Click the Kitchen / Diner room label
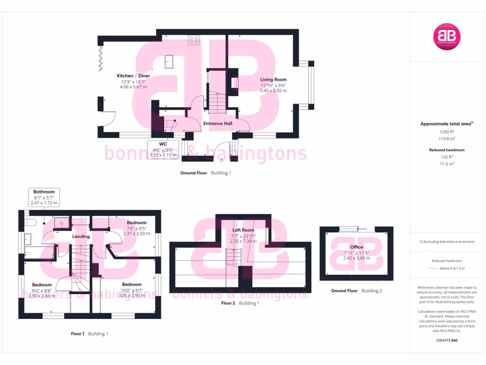coord(133,76)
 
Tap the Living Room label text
coord(273,79)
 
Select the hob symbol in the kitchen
coord(194,40)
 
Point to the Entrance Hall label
coord(217,124)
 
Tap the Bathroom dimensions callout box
coord(44,197)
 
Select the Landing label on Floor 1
coord(81,236)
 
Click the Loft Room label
coord(243,230)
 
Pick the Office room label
coord(356,247)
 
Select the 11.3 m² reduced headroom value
coord(447,163)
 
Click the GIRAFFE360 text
coord(447,340)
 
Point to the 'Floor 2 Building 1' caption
coord(240,303)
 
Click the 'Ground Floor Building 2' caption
coord(356,290)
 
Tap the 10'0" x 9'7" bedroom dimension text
coord(131,290)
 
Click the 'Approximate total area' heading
coord(446,124)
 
